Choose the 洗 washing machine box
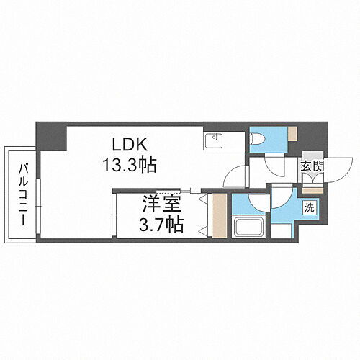pyautogui.click(x=309, y=208)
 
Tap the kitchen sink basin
pyautogui.click(x=215, y=139)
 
